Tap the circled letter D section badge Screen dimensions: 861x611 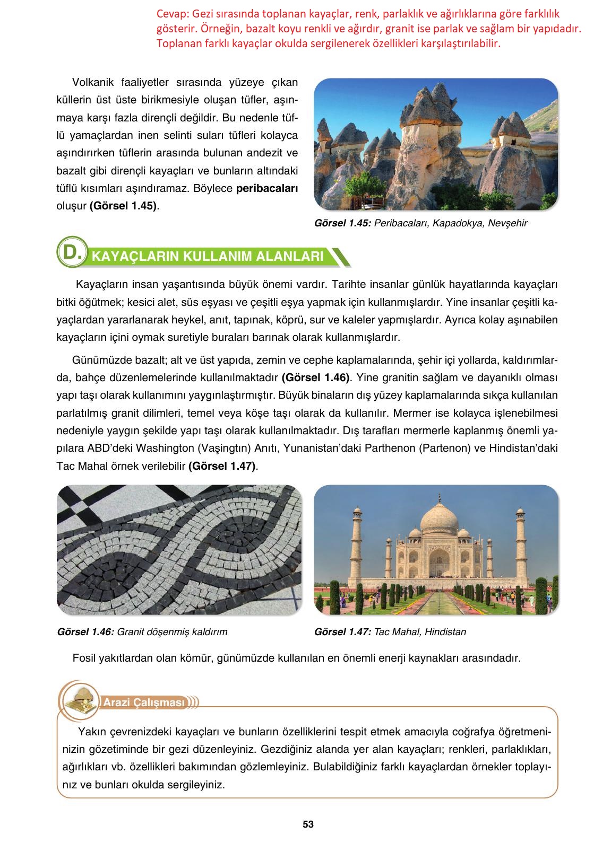click(71, 252)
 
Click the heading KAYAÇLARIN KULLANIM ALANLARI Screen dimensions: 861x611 click(208, 257)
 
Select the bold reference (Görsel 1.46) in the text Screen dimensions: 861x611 click(316, 377)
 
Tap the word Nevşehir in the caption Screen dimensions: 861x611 click(510, 223)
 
